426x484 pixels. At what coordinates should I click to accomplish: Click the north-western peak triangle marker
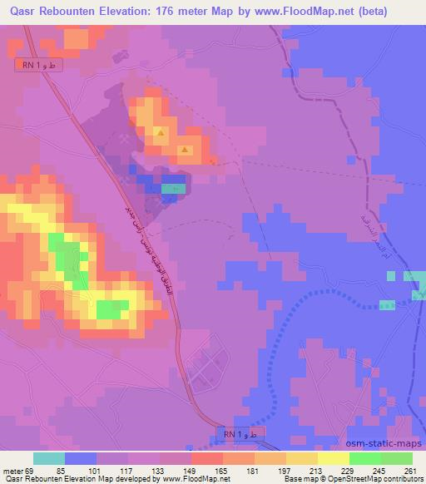tap(161, 132)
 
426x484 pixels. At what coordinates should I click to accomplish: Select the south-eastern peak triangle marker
tap(186, 151)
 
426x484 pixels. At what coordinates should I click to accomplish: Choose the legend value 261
tap(409, 470)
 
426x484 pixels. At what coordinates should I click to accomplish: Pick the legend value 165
tap(220, 470)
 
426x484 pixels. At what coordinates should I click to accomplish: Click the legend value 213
tap(315, 470)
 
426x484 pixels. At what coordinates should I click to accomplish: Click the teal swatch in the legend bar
tap(48, 458)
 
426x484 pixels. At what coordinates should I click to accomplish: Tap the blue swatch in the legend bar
tap(80, 458)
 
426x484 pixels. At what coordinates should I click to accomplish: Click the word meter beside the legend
tap(12, 470)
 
